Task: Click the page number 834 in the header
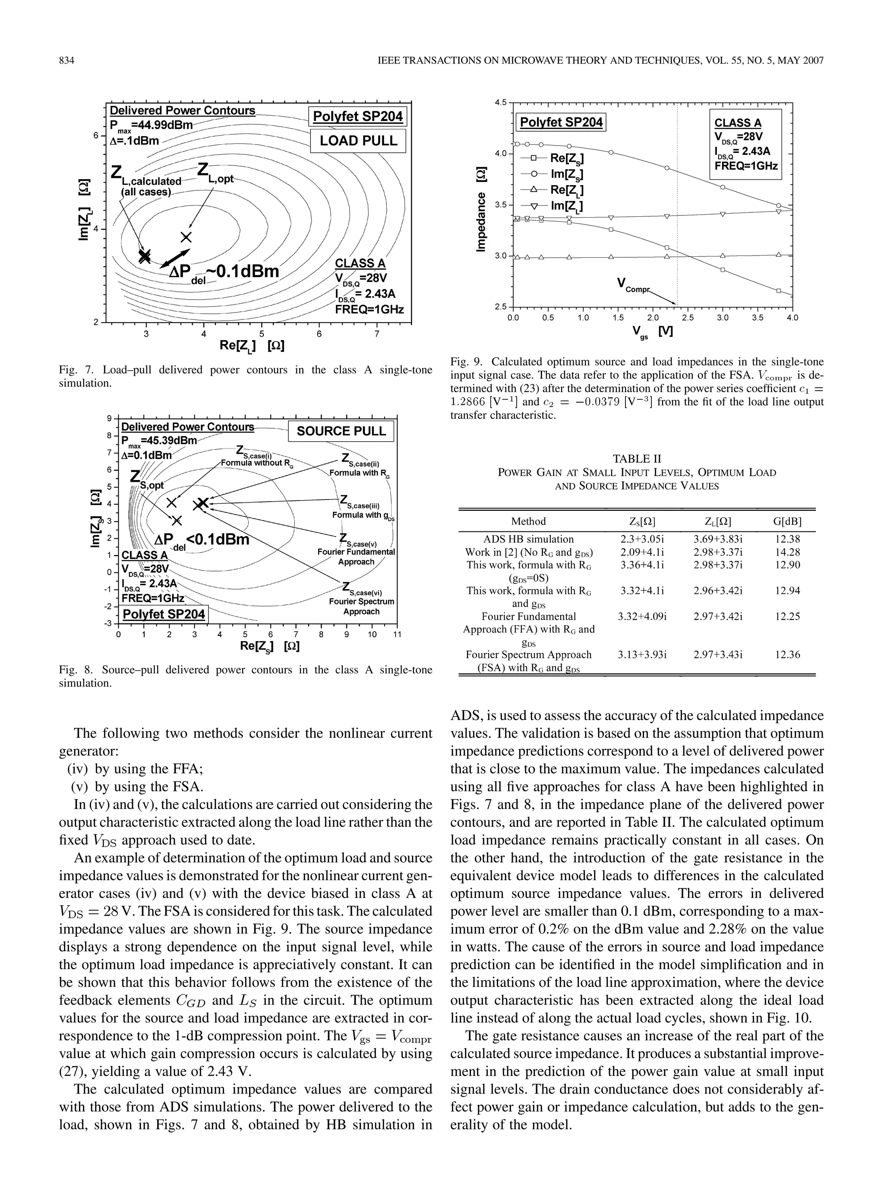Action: point(66,61)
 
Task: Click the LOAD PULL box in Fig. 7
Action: point(358,141)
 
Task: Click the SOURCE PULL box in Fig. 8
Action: point(341,431)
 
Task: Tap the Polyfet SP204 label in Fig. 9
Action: point(561,123)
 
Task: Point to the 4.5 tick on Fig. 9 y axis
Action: point(499,102)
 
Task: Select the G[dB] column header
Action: point(787,521)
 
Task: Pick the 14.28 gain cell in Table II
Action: point(787,552)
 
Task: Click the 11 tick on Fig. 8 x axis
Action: point(396,634)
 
